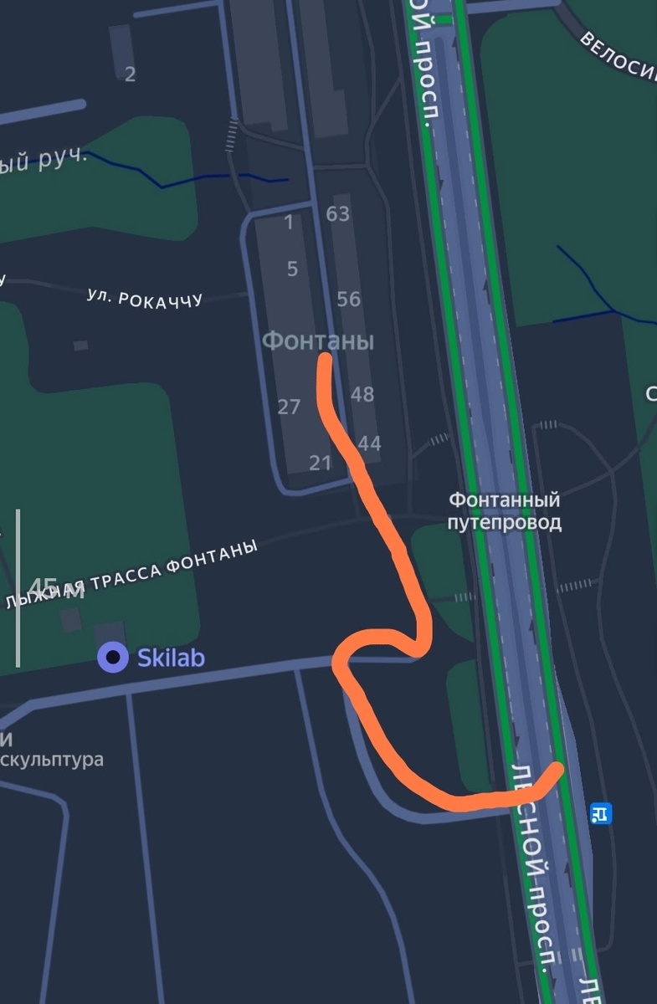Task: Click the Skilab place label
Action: coord(171,658)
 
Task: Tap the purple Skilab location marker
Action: coord(112,658)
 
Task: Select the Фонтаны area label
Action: coord(318,341)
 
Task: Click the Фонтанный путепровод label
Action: coord(504,511)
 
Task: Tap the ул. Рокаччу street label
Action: coord(145,297)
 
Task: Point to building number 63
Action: coord(337,214)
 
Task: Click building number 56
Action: coord(348,299)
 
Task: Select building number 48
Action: coord(362,394)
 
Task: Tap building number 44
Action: coord(369,443)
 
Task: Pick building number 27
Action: coord(289,407)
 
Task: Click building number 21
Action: coord(321,463)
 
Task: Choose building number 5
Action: coord(292,269)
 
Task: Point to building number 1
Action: coord(290,223)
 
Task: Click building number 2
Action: coord(130,74)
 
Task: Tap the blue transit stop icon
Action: coord(600,812)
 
